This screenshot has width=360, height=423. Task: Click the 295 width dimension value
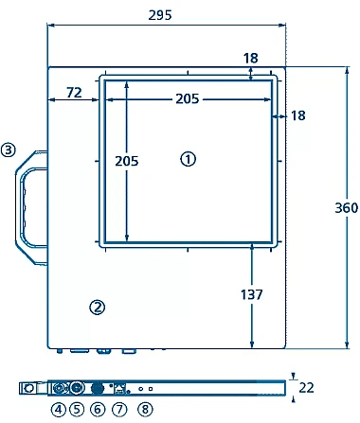(160, 15)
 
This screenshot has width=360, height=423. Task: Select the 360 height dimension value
(347, 208)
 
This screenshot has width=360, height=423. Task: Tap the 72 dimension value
(74, 93)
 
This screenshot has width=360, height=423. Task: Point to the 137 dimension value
(252, 294)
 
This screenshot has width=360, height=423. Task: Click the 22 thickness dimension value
(306, 388)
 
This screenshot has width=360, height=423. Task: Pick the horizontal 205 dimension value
(188, 98)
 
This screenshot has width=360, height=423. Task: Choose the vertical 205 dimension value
(127, 161)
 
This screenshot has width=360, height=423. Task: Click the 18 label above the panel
(251, 59)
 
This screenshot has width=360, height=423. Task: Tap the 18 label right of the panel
(298, 115)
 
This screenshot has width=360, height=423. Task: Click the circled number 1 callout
(188, 159)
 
